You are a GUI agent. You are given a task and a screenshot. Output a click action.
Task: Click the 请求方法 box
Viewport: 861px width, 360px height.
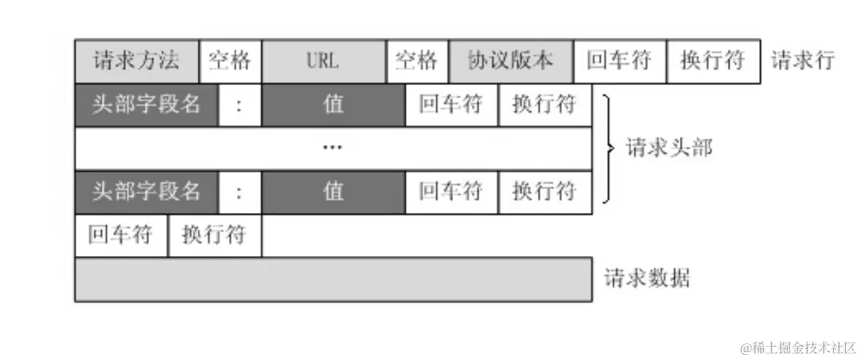137,61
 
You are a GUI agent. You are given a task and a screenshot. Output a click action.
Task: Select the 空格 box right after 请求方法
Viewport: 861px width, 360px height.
230,61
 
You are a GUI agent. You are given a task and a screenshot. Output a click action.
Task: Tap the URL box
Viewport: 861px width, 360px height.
324,61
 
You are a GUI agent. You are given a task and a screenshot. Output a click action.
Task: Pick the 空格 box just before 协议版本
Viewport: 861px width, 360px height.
417,61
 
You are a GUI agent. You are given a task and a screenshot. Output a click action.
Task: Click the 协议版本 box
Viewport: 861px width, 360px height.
511,61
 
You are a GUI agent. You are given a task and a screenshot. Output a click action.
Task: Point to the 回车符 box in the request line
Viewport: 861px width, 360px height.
620,61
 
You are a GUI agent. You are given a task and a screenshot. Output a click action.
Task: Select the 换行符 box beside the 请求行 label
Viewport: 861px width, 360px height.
713,61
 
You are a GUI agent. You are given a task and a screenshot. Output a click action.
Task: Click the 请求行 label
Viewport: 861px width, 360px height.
803,61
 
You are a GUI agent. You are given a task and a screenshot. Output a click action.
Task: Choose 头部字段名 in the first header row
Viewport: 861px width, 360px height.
146,105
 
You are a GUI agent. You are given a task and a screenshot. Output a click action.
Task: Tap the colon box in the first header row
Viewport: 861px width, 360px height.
239,105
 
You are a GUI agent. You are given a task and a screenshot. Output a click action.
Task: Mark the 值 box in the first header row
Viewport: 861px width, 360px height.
333,105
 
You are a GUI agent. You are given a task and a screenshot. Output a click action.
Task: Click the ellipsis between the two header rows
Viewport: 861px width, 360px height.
332,148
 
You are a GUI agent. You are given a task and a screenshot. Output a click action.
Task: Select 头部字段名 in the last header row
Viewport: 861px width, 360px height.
146,191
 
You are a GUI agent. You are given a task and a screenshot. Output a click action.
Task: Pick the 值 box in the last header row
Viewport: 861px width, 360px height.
333,191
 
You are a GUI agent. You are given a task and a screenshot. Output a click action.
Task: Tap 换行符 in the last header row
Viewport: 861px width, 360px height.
545,191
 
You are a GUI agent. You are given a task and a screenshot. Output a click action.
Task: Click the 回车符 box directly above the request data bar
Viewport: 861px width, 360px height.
121,235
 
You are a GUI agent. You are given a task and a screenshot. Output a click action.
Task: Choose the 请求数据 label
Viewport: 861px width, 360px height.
647,279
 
